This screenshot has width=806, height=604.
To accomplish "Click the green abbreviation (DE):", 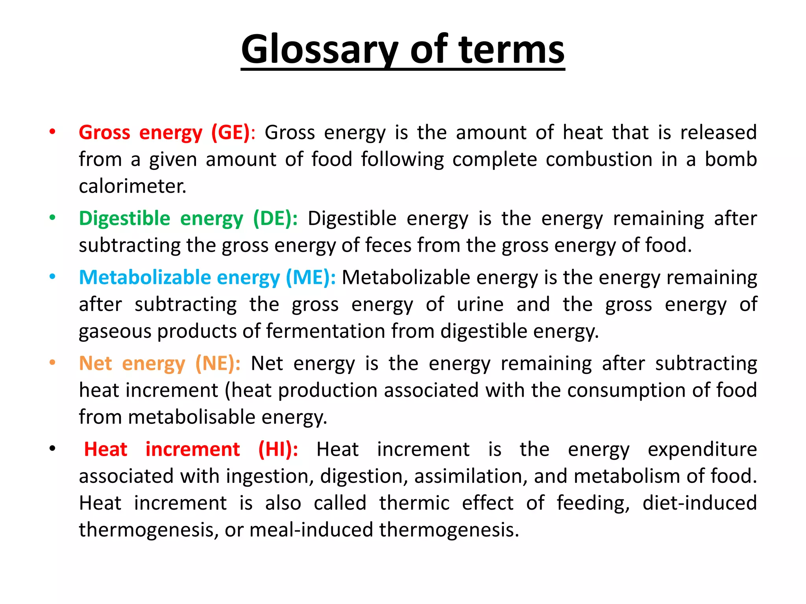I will click(x=275, y=219).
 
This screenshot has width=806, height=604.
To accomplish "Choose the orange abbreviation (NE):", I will click(x=218, y=363).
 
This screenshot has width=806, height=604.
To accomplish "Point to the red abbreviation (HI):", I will click(x=278, y=449).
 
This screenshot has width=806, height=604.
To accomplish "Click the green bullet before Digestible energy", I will click(x=52, y=217).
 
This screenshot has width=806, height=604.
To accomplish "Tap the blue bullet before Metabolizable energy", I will click(x=52, y=277).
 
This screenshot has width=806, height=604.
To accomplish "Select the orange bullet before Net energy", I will click(x=52, y=363).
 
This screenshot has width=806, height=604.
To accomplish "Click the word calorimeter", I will click(x=132, y=186).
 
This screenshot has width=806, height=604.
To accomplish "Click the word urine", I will click(x=480, y=305).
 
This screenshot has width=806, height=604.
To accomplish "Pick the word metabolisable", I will click(x=192, y=417).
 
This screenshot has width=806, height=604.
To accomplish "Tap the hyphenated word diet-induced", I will click(x=699, y=503).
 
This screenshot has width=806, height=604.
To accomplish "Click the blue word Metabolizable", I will click(x=145, y=278).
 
